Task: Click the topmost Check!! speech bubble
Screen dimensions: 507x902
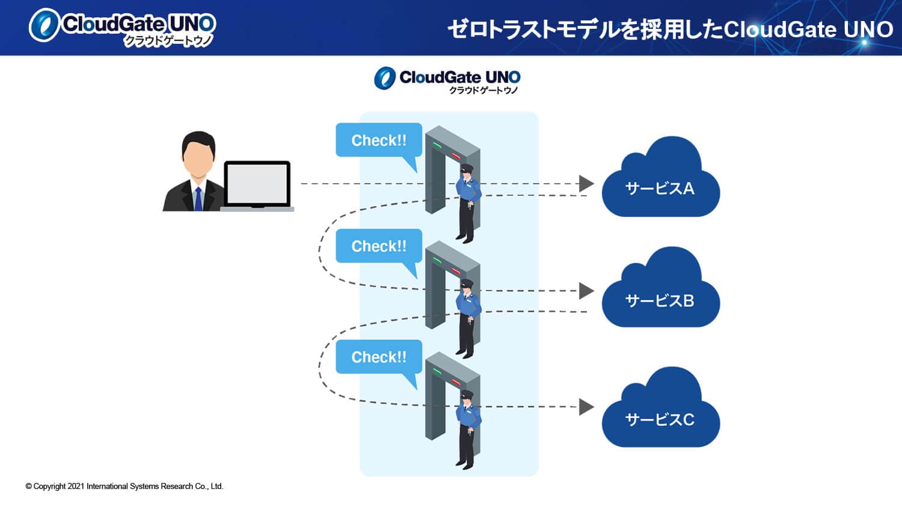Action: point(378,141)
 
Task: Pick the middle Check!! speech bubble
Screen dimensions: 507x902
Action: point(378,246)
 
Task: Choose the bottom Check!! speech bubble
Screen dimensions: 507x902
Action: point(378,357)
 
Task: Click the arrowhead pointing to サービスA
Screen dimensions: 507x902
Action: point(586,184)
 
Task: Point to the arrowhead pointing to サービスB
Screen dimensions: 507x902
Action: point(586,291)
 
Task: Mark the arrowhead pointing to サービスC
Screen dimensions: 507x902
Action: point(586,407)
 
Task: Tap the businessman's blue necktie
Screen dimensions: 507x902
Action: point(198,199)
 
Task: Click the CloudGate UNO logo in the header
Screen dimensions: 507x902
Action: point(123,27)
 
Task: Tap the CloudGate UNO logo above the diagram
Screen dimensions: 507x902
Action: point(447,79)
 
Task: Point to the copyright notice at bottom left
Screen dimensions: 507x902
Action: point(124,487)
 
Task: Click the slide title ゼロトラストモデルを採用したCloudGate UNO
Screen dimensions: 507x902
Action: point(670,29)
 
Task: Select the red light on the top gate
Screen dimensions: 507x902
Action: point(456,156)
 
